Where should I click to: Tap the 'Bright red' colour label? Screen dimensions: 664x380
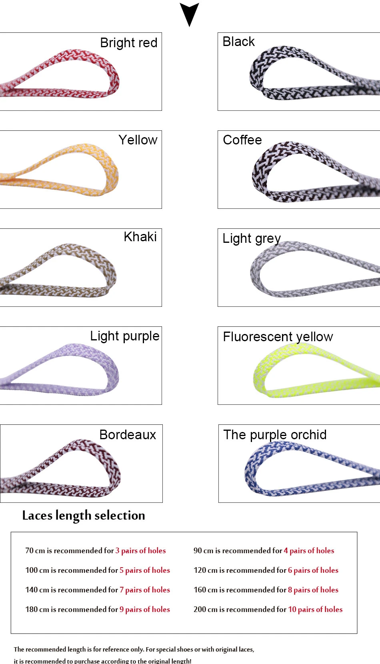point(128,42)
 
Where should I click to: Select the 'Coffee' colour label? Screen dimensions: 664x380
point(242,140)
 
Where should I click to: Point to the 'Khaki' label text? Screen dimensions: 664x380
point(140,237)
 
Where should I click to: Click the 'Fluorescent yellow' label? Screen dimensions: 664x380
point(278,337)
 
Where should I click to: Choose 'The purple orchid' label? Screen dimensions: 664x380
point(275,435)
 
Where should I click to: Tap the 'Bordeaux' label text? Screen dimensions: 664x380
point(128,435)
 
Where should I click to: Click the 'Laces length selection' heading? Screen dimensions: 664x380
point(84,516)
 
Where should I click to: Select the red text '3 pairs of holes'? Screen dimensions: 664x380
point(140,551)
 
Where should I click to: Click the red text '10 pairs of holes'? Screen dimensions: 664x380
point(315,610)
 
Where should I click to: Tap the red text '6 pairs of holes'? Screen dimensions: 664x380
point(313,570)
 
